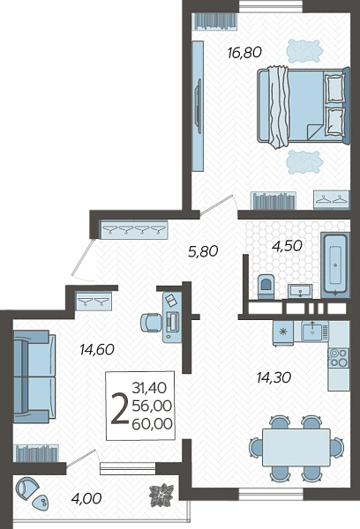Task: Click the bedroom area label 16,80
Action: coord(244,53)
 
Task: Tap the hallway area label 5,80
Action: coord(203,251)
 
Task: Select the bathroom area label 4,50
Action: coord(287,246)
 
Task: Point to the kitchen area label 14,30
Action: coord(274,377)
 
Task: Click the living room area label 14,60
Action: coord(97,349)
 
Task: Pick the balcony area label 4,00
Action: coord(86,498)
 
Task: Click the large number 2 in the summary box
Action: coord(120,410)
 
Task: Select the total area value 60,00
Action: coord(153,424)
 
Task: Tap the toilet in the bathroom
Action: coord(266,287)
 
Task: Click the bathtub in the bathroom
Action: coord(335,264)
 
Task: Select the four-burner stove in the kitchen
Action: coord(339,358)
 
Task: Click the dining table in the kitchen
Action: coord(296,447)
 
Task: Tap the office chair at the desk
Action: coord(151,323)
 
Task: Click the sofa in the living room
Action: coord(34,376)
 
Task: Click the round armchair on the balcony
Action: coord(27,488)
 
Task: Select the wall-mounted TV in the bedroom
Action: coord(199,107)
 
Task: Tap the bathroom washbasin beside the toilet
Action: coord(300,291)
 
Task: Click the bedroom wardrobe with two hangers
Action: coord(332,200)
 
